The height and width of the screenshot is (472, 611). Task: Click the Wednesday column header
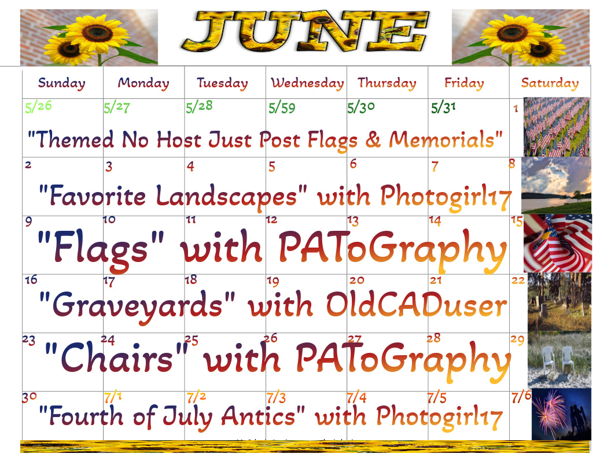pyautogui.click(x=307, y=83)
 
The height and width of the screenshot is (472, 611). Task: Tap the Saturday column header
pyautogui.click(x=550, y=83)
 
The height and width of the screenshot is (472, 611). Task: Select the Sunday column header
pyautogui.click(x=61, y=83)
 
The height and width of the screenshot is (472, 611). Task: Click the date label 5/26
pyautogui.click(x=38, y=106)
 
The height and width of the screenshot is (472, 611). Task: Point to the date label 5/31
pyautogui.click(x=443, y=108)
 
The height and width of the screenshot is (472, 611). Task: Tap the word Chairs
pyautogui.click(x=116, y=357)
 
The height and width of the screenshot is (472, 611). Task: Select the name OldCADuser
pyautogui.click(x=416, y=305)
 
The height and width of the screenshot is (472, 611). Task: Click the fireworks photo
pyautogui.click(x=561, y=414)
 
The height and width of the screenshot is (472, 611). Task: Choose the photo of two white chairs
pyautogui.click(x=559, y=360)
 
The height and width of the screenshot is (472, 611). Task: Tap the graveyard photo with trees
pyautogui.click(x=559, y=302)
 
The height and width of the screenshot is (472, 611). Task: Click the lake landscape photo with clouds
pyautogui.click(x=556, y=185)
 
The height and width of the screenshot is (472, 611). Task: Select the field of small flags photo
pyautogui.click(x=557, y=127)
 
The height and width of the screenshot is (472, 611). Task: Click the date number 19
pyautogui.click(x=273, y=281)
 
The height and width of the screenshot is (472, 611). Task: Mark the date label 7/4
pyautogui.click(x=356, y=397)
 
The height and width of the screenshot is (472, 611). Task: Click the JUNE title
pyautogui.click(x=305, y=31)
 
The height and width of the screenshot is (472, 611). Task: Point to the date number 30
pyautogui.click(x=30, y=397)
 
